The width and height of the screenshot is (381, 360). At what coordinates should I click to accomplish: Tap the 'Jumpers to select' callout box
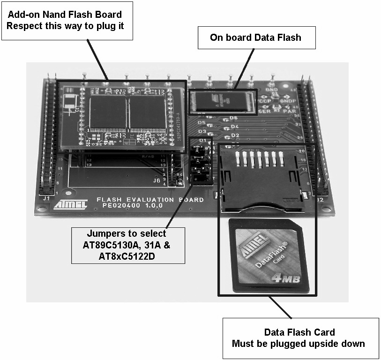[127, 245]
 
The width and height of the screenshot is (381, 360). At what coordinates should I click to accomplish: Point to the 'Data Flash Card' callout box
[300, 338]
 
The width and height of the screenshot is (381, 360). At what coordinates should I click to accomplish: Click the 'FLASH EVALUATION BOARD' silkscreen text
[150, 200]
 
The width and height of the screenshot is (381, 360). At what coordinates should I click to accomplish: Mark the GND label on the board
[271, 89]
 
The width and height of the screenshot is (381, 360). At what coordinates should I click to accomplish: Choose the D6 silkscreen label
[233, 118]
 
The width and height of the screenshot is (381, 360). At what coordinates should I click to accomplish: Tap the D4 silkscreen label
[235, 127]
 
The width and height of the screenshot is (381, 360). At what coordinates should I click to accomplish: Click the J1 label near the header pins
[47, 198]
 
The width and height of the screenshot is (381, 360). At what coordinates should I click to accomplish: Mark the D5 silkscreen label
[202, 123]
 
